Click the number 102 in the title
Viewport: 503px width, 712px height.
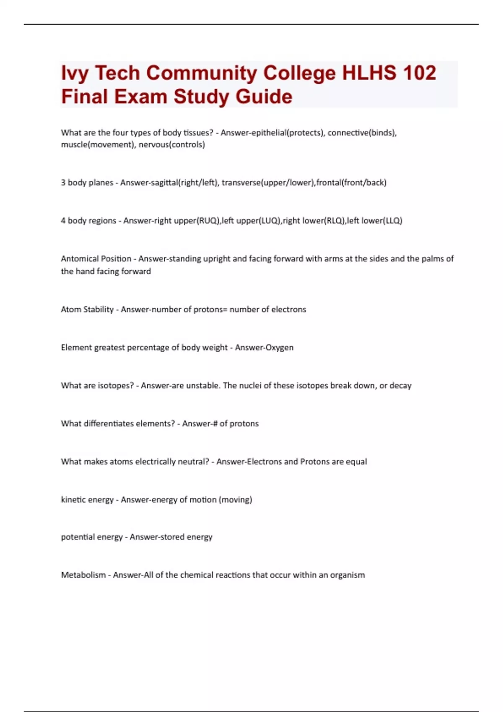pos(419,73)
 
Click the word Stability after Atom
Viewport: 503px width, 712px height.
pos(99,310)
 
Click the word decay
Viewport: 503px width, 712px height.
pos(400,386)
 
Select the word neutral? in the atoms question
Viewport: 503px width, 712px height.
pos(194,462)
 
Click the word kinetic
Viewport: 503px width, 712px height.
pos(73,500)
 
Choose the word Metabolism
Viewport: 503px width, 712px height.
pos(83,575)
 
